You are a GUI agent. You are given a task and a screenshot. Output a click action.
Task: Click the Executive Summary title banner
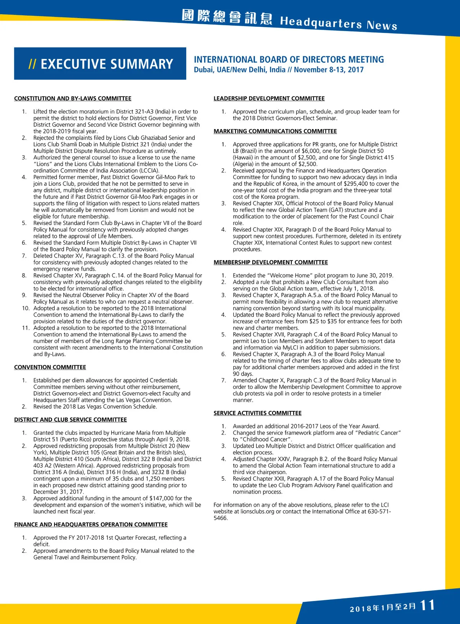[x=100, y=64]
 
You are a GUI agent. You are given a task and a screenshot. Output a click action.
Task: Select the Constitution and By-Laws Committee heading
[x=73, y=99]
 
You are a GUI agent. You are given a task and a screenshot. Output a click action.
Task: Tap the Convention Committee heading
[x=50, y=367]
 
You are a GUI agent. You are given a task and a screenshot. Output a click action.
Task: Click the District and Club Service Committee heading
[x=71, y=420]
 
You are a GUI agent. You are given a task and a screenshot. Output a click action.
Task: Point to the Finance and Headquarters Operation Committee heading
[x=91, y=524]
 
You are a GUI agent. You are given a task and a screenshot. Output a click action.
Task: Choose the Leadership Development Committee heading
[x=269, y=99]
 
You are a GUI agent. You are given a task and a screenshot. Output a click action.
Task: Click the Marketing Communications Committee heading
[x=275, y=131]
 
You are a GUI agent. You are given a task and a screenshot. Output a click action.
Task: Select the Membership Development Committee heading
[x=271, y=262]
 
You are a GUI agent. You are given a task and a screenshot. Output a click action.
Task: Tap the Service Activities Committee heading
[x=258, y=413]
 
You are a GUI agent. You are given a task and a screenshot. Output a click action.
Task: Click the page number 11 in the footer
[x=427, y=606]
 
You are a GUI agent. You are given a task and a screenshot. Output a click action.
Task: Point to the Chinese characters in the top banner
[x=227, y=17]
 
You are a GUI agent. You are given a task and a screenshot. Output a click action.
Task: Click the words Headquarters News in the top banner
[x=338, y=23]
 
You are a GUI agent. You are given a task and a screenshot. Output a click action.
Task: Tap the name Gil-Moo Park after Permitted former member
[x=177, y=177]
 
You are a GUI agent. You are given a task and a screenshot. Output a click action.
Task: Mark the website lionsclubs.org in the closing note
[x=259, y=512]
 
